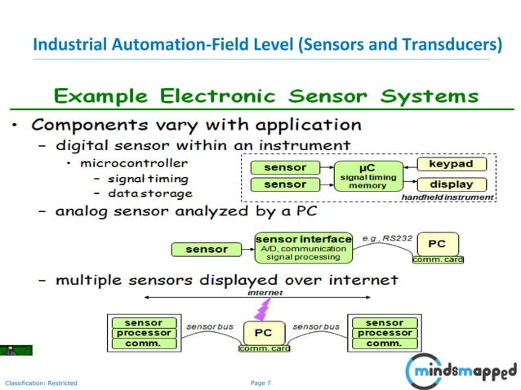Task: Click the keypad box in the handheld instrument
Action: click(451, 165)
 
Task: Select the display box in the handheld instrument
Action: click(451, 184)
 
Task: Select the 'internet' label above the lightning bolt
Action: click(265, 292)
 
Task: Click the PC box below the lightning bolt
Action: click(264, 333)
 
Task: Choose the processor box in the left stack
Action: click(144, 333)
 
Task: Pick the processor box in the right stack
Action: click(384, 333)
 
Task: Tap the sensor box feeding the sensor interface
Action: click(207, 249)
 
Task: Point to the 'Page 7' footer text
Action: click(260, 383)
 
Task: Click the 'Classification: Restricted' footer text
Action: click(41, 383)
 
